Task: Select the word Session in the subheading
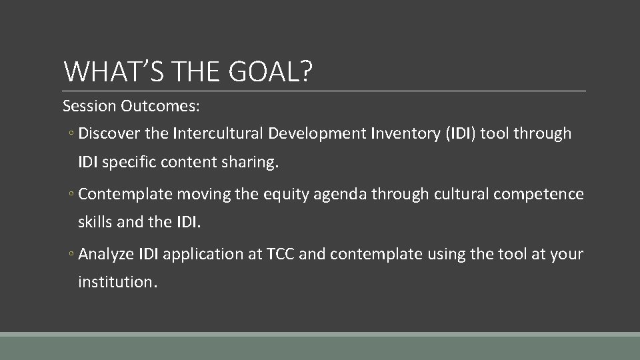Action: (88, 106)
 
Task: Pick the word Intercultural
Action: (218, 134)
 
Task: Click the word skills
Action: (95, 221)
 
